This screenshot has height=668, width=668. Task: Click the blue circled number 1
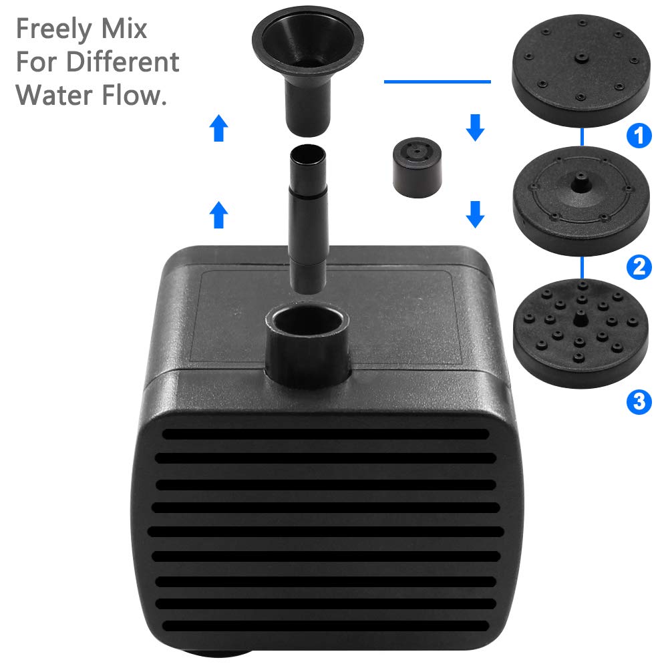639,136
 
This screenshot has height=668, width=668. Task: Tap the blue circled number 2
639,267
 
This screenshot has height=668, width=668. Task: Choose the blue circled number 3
639,401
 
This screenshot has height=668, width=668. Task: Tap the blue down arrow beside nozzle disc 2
475,214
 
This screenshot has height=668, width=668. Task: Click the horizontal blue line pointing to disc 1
438,81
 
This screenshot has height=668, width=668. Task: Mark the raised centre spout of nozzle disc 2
578,183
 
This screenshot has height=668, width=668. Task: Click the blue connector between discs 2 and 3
584,267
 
